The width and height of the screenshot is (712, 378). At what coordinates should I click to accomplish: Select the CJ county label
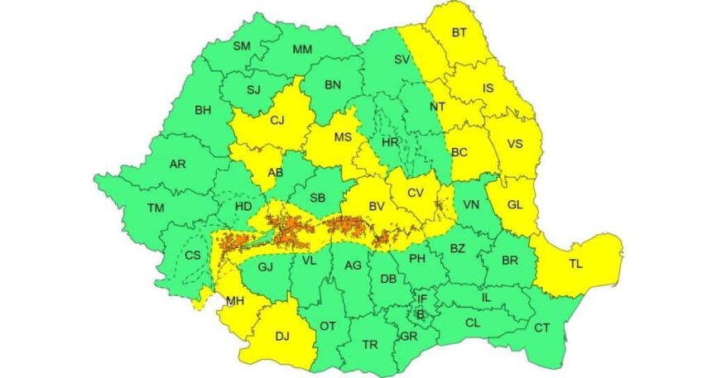tap(277, 121)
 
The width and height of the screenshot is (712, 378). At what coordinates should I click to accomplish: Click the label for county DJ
tap(282, 336)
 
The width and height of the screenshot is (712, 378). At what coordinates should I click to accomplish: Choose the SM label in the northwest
tap(241, 45)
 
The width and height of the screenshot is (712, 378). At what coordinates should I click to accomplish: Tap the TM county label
tap(156, 208)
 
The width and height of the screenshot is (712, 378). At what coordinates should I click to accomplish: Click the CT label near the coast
tap(541, 328)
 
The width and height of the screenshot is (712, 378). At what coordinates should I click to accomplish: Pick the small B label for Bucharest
tap(420, 313)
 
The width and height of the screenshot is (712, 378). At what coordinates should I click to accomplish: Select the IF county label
tap(421, 299)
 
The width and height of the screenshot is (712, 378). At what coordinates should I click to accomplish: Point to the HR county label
tap(390, 142)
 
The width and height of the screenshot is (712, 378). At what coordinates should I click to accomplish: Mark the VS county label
tap(514, 144)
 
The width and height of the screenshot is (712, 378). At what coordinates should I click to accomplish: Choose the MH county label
tap(234, 302)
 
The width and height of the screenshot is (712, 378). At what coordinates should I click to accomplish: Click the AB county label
tap(275, 174)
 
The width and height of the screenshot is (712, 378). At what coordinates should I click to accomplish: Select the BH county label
tap(203, 109)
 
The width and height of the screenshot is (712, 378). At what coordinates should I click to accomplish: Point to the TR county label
tap(370, 344)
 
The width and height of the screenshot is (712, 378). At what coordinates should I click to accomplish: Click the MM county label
tap(302, 50)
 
